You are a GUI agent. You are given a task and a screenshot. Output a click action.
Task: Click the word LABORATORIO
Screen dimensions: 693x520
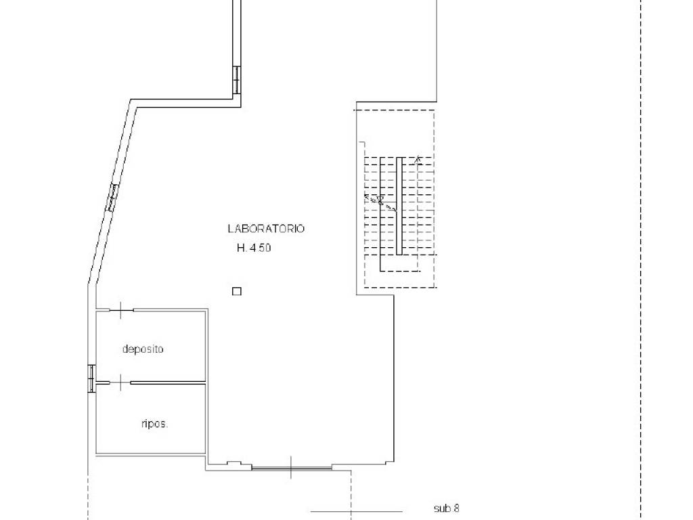click(x=266, y=229)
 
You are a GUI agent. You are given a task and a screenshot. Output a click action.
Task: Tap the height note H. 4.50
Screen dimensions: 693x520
click(x=254, y=248)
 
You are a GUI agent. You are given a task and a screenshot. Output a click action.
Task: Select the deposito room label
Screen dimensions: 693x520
click(x=143, y=349)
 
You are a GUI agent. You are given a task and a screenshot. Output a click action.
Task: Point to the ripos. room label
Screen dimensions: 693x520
click(x=155, y=424)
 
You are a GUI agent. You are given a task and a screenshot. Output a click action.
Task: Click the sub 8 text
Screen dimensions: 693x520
click(x=447, y=508)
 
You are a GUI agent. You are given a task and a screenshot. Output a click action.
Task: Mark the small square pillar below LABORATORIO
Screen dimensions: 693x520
click(x=237, y=291)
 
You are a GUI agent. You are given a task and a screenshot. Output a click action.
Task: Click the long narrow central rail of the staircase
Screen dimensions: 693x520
click(x=399, y=206)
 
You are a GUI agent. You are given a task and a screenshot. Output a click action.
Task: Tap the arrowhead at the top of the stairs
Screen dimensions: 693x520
click(x=418, y=160)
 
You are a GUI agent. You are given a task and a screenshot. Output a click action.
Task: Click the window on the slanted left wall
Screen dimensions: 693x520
click(x=113, y=197)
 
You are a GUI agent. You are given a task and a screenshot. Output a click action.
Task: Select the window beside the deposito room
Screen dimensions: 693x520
click(x=91, y=378)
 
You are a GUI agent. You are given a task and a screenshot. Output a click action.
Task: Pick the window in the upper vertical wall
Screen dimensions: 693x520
click(x=237, y=80)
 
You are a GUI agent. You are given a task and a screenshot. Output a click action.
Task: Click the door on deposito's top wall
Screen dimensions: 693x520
click(x=121, y=310)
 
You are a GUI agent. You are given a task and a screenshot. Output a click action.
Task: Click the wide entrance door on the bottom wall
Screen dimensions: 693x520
click(x=291, y=467)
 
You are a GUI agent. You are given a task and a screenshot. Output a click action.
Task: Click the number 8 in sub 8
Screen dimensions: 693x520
click(x=456, y=508)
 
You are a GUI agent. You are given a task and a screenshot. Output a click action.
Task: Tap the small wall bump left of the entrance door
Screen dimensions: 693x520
click(x=233, y=463)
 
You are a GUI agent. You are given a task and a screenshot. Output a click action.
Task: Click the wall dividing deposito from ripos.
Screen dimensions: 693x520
click(x=168, y=383)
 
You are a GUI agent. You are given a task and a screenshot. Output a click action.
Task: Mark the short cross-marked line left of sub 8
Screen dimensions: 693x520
click(x=357, y=512)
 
